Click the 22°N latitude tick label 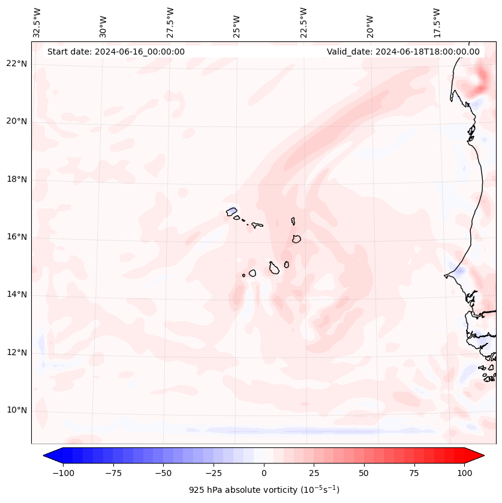[x=16, y=64]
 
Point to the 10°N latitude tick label [x=16, y=411]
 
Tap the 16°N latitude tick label [x=16, y=237]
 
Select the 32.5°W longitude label [x=37, y=22]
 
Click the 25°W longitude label [x=237, y=23]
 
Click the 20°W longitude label [x=371, y=23]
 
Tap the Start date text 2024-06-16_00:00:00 [x=116, y=52]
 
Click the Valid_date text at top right [x=403, y=52]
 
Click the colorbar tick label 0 [x=264, y=473]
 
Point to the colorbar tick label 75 [x=415, y=473]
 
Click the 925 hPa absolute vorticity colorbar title [x=264, y=490]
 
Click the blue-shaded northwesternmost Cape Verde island [x=232, y=212]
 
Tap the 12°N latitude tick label [x=16, y=353]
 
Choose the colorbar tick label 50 [x=364, y=473]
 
